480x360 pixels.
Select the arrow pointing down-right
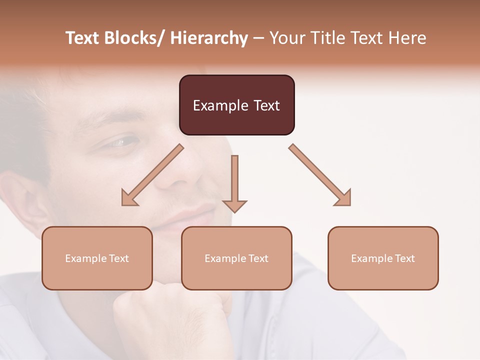pos(320,175)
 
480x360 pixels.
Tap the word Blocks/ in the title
pos(133,38)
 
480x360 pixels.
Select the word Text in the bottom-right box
pos(404,258)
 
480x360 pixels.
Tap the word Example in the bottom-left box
pos(85,258)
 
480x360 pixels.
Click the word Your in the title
pos(286,38)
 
